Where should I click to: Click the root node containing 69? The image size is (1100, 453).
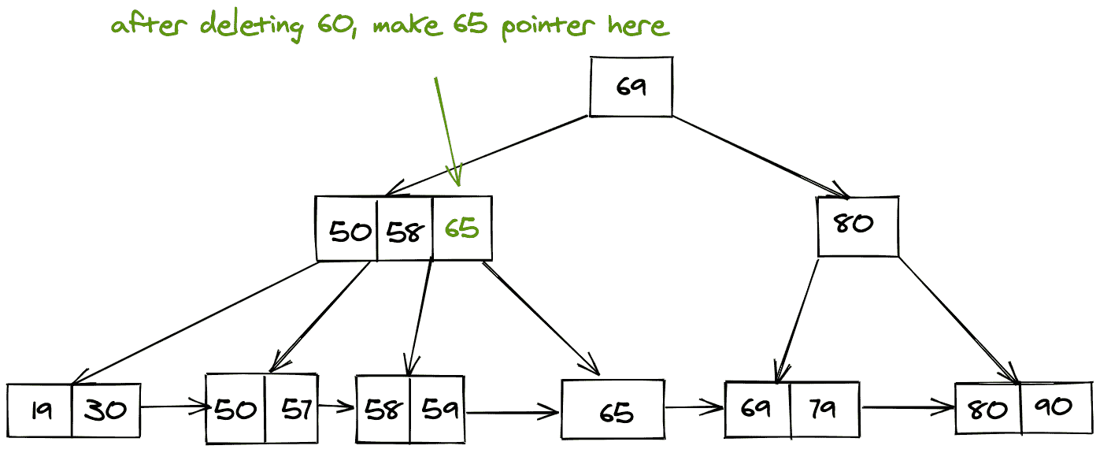click(x=631, y=87)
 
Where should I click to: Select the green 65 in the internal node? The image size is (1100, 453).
click(x=461, y=229)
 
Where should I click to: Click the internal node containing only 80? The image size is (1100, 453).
click(x=857, y=226)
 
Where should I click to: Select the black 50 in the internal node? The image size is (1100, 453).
click(x=350, y=231)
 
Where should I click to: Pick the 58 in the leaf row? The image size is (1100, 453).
click(x=383, y=410)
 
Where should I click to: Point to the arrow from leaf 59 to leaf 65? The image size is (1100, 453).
click(x=512, y=410)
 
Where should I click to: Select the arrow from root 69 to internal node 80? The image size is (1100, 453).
click(x=760, y=156)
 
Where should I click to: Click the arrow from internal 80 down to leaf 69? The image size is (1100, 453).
click(x=797, y=319)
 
